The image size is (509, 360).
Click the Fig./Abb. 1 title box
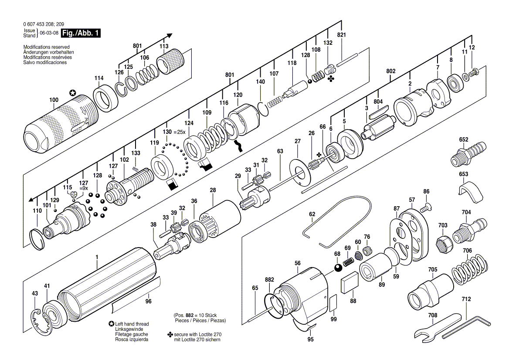pos(81,33)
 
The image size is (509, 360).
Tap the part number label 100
pos(54,100)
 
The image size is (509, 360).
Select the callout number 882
pos(269,279)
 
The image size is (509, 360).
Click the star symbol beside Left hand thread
pos(112,324)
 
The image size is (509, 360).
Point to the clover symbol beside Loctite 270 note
pos(170,334)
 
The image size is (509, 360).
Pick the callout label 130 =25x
pos(174,132)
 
